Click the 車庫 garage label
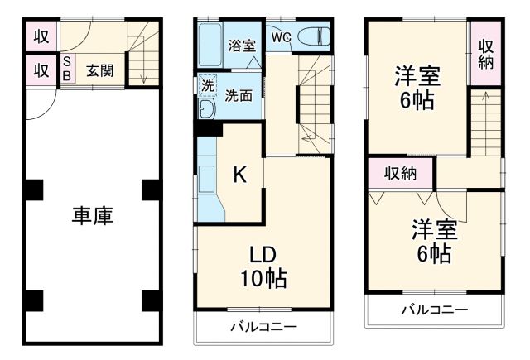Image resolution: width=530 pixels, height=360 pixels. point(92,217)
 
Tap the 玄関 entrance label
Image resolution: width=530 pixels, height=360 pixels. point(100,70)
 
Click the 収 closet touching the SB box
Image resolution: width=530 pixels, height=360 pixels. point(41,70)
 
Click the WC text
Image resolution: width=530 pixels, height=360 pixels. point(280,36)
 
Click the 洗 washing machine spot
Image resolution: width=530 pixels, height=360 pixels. point(207,84)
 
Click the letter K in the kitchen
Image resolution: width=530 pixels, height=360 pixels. point(239,175)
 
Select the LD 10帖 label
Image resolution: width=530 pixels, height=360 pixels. point(263,266)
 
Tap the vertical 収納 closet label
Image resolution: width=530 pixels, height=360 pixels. point(486,53)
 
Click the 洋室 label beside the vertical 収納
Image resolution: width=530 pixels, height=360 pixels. point(416,87)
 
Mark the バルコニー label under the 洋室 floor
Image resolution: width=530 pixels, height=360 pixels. point(435,310)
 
